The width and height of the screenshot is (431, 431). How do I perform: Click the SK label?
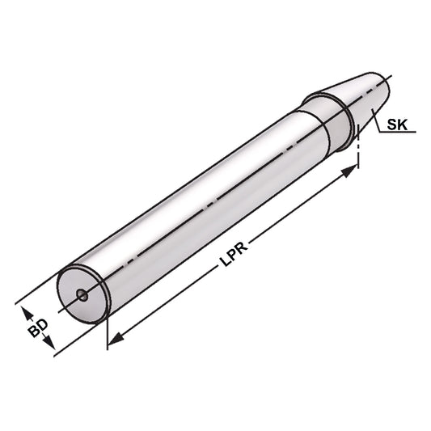pos(396,125)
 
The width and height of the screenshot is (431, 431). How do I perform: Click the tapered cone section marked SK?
pos(356,99)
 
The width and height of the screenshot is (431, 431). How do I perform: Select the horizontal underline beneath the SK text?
pos(398,134)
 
